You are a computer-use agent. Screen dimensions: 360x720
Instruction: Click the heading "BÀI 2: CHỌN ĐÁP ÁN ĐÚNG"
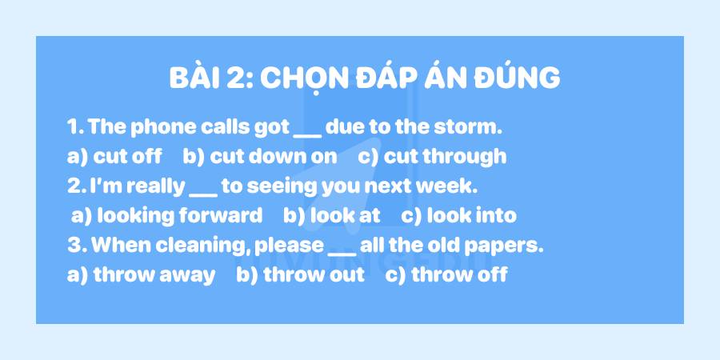click(x=365, y=78)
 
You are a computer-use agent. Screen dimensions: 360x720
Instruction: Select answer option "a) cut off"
click(x=114, y=156)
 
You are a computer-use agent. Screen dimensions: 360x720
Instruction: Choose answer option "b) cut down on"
click(x=260, y=156)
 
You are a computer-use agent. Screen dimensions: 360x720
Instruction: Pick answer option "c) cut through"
click(x=432, y=156)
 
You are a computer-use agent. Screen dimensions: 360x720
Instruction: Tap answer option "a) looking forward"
click(x=166, y=215)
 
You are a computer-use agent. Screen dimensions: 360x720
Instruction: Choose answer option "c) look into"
click(x=458, y=215)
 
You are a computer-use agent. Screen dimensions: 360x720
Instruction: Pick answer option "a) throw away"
click(x=142, y=274)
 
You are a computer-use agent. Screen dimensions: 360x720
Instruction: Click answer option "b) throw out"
click(x=300, y=274)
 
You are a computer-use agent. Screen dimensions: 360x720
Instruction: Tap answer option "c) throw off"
click(x=446, y=274)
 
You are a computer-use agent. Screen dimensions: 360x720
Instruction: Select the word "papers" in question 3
click(x=512, y=246)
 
